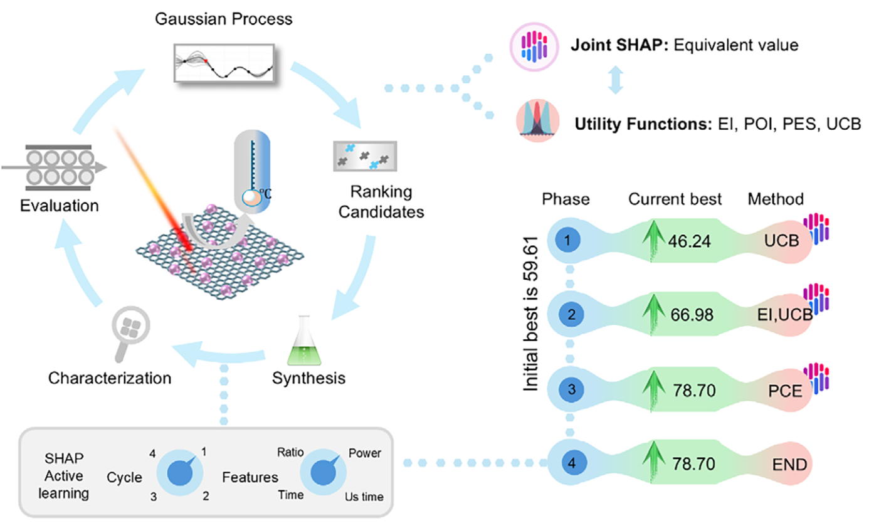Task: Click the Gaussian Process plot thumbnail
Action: [223, 63]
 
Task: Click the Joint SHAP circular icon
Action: [532, 46]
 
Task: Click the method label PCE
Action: [784, 390]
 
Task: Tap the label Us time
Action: [364, 497]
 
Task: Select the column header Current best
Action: [675, 199]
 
